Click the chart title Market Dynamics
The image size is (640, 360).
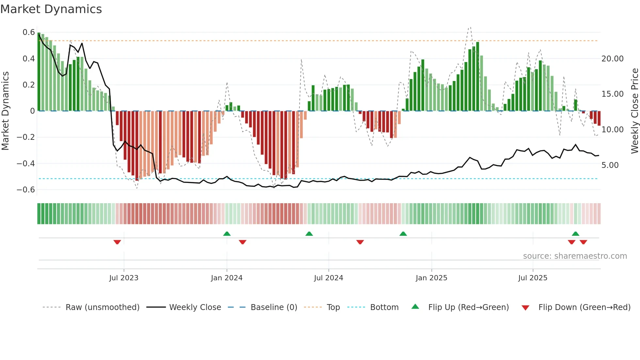pyautogui.click(x=51, y=9)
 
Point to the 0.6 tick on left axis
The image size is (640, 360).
pyautogui.click(x=29, y=32)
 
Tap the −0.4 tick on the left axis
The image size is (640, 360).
pyautogui.click(x=26, y=163)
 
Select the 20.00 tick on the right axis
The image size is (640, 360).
pyautogui.click(x=612, y=59)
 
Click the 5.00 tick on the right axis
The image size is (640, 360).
pyautogui.click(x=610, y=165)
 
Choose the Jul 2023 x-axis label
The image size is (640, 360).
pyautogui.click(x=124, y=278)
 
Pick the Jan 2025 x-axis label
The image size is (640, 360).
pyautogui.click(x=431, y=278)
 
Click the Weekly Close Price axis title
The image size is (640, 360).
pyautogui.click(x=634, y=111)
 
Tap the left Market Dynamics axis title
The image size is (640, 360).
pyautogui.click(x=5, y=111)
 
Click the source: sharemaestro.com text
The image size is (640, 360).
pyautogui.click(x=575, y=256)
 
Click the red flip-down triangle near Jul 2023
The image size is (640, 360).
pyautogui.click(x=117, y=242)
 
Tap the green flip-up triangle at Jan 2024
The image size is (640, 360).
pyautogui.click(x=227, y=234)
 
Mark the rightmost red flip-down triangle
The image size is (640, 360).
pyautogui.click(x=584, y=242)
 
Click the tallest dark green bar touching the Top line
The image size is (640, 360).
pyautogui.click(x=478, y=75)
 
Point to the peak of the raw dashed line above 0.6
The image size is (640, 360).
pyautogui.click(x=470, y=27)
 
